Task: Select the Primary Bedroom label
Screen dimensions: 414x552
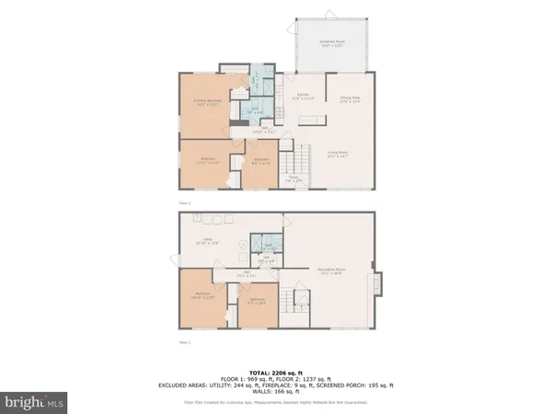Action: coord(205,102)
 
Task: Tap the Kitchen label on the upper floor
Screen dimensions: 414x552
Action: coord(305,96)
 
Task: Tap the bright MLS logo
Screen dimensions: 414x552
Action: coord(35,401)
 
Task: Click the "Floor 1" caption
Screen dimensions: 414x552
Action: coord(184,342)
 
